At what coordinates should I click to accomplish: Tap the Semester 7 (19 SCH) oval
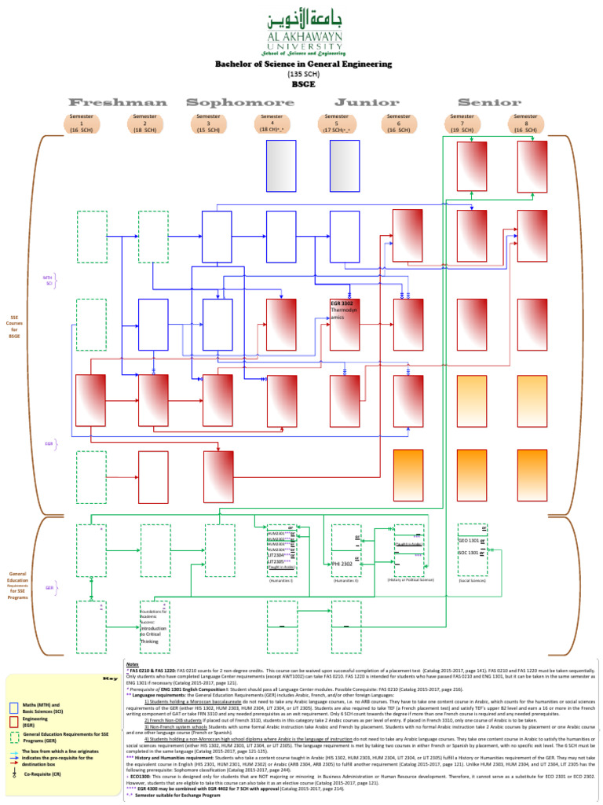[462, 123]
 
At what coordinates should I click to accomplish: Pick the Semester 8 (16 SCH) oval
[525, 123]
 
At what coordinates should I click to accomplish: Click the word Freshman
[118, 102]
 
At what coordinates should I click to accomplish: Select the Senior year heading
[488, 102]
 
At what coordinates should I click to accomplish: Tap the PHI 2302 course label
[342, 564]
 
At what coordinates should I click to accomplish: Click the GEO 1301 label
[468, 541]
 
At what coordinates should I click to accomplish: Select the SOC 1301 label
[468, 553]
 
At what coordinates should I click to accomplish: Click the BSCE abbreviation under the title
[302, 83]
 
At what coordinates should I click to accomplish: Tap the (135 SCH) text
[302, 74]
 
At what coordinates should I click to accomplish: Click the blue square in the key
[14, 708]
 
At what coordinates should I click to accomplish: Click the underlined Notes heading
[132, 664]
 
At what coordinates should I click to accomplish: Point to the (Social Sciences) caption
[472, 580]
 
